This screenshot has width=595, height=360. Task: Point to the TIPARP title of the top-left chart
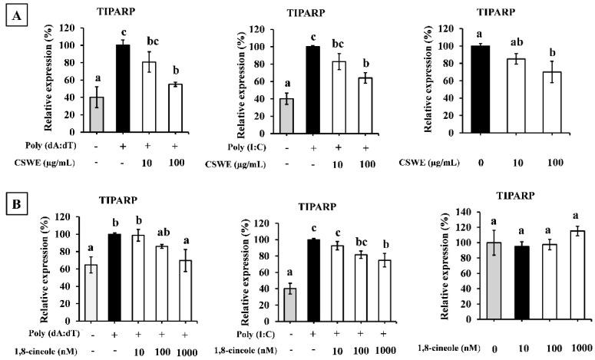point(117,13)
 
